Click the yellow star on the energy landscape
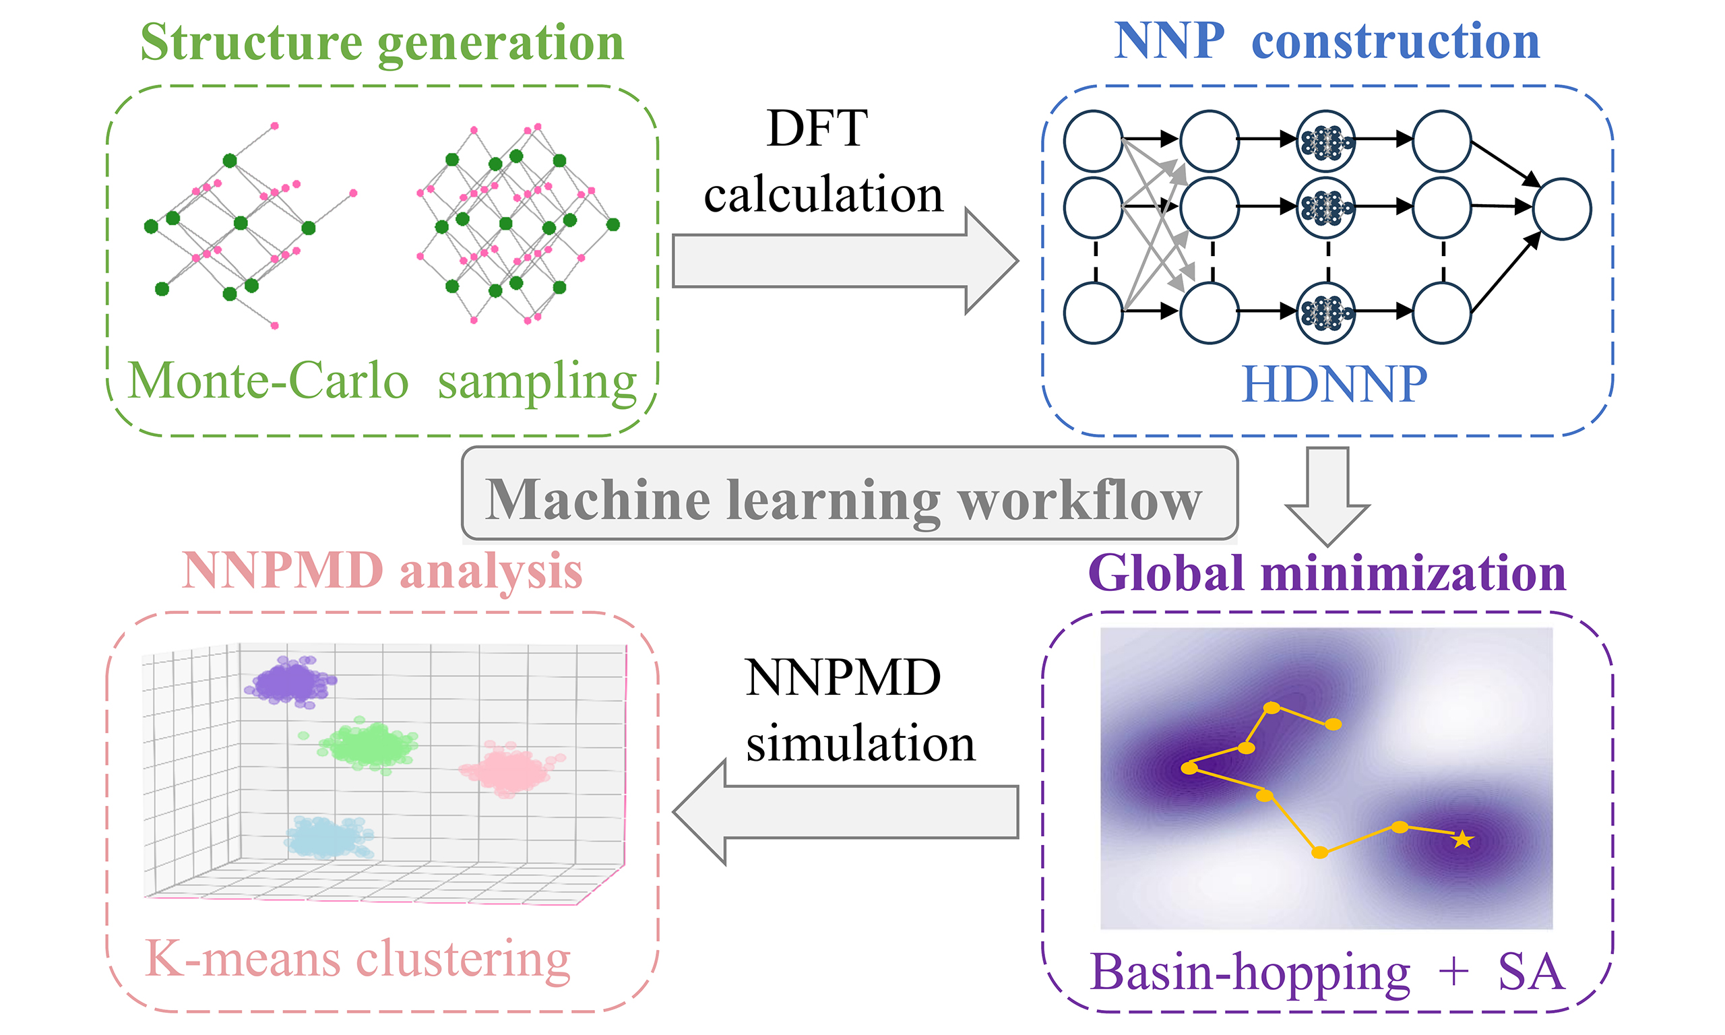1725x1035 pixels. (1462, 840)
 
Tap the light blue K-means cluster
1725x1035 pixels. (328, 836)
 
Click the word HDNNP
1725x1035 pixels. (1334, 384)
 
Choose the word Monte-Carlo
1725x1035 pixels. (268, 381)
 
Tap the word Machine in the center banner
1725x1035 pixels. (598, 500)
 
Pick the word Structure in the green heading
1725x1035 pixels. (252, 43)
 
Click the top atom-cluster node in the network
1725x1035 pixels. (1326, 141)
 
